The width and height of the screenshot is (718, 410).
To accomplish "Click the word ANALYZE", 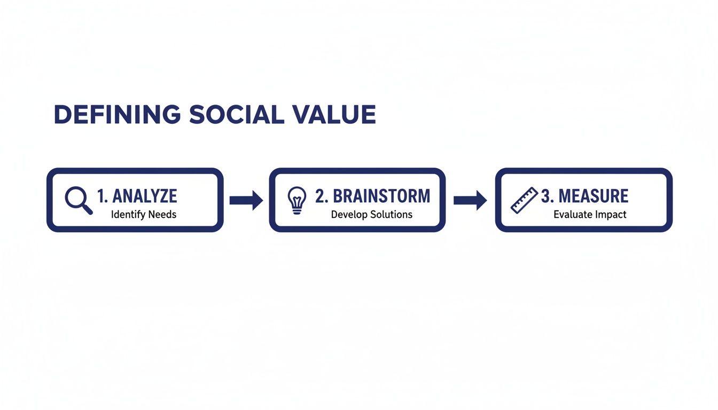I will [145, 196].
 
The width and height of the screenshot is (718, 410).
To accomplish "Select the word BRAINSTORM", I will [381, 196].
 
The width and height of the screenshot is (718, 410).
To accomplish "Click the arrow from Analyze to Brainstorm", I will [246, 200].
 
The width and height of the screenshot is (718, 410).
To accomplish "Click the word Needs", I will [163, 215].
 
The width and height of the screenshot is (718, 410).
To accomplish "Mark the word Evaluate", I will [571, 215].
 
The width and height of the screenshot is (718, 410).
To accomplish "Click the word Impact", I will [609, 215].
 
